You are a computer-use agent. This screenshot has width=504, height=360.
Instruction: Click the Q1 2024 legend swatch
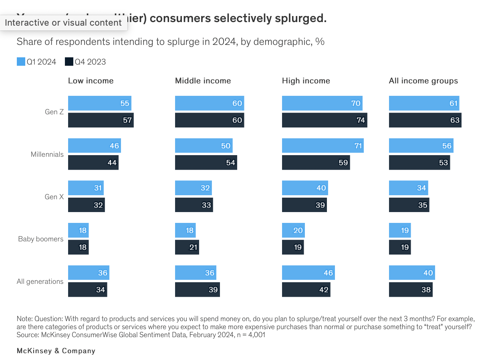coord(21,62)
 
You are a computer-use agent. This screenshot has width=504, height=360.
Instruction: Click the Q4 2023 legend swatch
coord(69,62)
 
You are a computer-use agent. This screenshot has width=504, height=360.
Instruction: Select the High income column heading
coord(306,81)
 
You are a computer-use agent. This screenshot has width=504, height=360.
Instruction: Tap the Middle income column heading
coord(203,81)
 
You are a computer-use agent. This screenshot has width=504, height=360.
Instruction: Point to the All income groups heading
coord(423,81)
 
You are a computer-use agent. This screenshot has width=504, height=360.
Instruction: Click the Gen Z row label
coord(54,112)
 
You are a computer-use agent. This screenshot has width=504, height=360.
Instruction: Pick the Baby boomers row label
coord(41,239)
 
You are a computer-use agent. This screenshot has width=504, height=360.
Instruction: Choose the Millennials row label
coord(47,154)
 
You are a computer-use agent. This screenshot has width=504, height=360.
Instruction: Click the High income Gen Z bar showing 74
coord(324,120)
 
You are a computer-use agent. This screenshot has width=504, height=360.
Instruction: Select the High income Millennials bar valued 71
coord(323,146)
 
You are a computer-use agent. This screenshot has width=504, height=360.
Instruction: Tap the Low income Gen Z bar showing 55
coord(99,103)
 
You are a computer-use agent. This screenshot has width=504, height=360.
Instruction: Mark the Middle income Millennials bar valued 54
coord(206,163)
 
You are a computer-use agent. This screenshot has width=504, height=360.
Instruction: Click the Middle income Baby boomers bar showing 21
coord(187,247)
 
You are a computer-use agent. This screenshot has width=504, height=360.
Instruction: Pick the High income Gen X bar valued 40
coord(304,188)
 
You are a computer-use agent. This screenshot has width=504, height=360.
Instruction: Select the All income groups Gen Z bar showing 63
coord(425,120)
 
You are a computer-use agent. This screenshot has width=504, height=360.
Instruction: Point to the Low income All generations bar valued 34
coord(87,290)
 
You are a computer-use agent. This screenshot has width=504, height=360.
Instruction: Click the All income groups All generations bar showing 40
coord(411,273)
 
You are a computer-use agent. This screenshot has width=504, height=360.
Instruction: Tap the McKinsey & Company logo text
coord(56,351)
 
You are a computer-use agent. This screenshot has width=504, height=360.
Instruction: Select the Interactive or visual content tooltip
coord(63,23)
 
